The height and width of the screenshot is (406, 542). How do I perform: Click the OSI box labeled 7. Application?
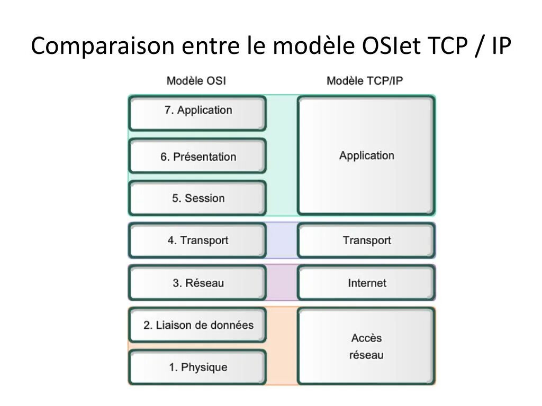[x=197, y=113]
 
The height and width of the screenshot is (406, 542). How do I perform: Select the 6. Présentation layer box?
[x=197, y=156]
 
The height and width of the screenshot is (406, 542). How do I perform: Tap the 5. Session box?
[x=197, y=198]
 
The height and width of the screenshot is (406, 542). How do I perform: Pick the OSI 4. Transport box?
[x=197, y=241]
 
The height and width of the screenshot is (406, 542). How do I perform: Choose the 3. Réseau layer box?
[x=197, y=283]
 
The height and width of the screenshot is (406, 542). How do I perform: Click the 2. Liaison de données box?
[x=197, y=325]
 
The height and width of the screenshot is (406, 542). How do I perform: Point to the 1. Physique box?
[x=197, y=367]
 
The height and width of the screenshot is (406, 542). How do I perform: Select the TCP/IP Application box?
[x=366, y=155]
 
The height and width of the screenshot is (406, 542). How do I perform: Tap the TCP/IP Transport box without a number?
[x=366, y=241]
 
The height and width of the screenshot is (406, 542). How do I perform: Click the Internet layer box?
[x=366, y=283]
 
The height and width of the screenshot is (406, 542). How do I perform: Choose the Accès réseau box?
[x=366, y=346]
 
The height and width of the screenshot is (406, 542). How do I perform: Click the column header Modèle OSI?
[x=196, y=81]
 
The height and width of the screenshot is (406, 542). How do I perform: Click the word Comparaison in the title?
[x=102, y=46]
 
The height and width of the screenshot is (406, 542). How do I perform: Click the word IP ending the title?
[x=501, y=46]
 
